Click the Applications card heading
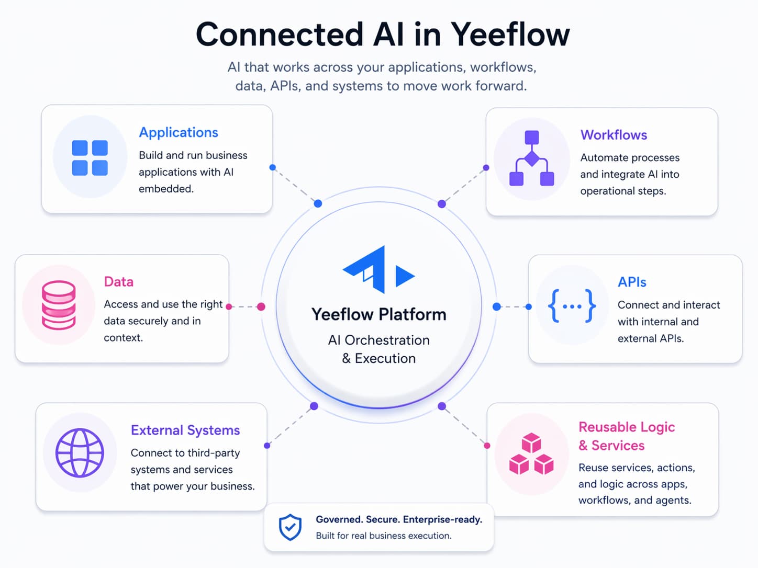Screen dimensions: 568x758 point(179,132)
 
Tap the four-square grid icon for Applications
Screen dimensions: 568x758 point(90,157)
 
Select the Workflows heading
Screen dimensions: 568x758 point(614,135)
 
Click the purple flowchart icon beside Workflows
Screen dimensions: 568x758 point(531,158)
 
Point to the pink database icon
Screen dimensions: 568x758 point(59,305)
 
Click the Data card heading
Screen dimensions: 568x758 point(119,282)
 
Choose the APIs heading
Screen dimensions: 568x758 point(632,282)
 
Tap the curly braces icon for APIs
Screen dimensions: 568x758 point(572,306)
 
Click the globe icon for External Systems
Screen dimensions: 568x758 point(80,453)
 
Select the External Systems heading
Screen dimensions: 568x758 point(185,430)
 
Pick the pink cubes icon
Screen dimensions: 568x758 point(531,454)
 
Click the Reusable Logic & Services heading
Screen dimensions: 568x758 point(627,436)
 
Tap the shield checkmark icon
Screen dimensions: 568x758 point(290,527)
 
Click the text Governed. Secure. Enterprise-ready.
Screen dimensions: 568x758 point(399,519)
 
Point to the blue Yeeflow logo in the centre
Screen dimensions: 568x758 point(378,270)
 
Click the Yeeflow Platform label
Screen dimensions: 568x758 point(379,314)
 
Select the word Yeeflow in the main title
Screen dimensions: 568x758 point(510,35)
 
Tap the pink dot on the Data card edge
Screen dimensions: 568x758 point(229,306)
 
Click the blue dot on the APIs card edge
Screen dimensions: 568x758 point(529,307)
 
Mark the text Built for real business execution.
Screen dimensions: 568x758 point(383,536)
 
